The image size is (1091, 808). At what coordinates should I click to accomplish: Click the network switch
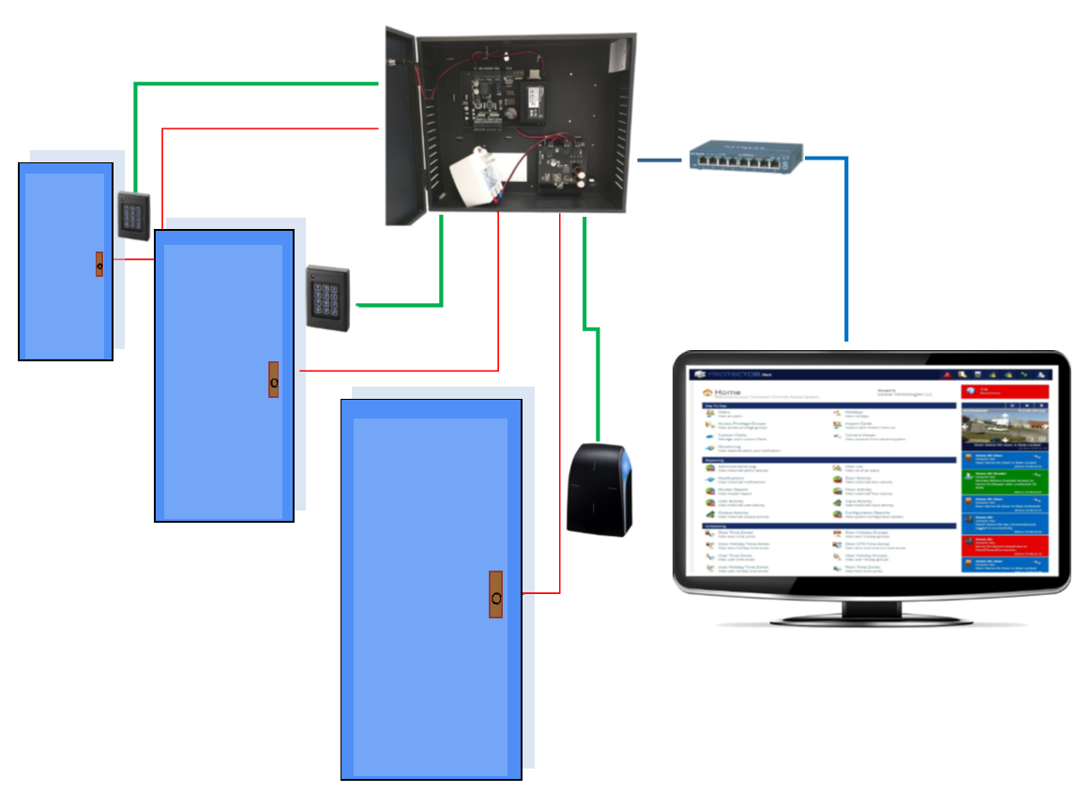(x=747, y=157)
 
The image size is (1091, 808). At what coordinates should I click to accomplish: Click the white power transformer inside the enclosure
(x=479, y=178)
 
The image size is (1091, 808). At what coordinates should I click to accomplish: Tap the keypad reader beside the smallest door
(x=133, y=215)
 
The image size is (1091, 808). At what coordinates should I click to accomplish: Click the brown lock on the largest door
(x=495, y=594)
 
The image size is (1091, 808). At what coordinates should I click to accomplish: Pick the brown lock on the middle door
(x=274, y=380)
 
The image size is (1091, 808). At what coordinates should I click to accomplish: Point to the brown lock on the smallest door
(x=98, y=265)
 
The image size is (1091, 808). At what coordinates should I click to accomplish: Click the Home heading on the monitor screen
(x=727, y=392)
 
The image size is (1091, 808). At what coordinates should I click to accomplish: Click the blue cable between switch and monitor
(x=846, y=244)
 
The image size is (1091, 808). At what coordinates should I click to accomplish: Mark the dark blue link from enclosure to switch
(x=659, y=160)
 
